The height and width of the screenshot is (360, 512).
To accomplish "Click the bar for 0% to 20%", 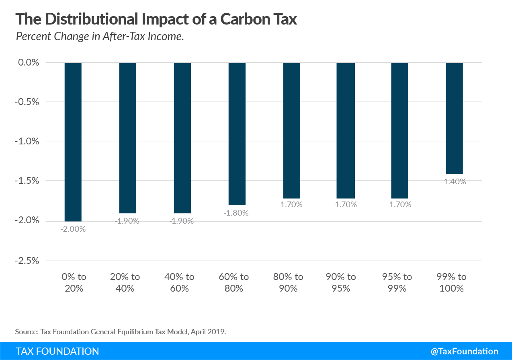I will point(73,142).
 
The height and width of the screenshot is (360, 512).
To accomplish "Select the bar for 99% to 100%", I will point(455,118).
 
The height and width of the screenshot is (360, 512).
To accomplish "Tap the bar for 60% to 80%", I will point(237,134).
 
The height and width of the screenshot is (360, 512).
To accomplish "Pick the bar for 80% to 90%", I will point(291,130).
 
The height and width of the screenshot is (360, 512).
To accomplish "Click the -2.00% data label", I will point(73,229).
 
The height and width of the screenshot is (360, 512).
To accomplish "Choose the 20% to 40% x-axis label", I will point(125,282).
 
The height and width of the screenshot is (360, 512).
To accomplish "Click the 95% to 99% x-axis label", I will point(397,282).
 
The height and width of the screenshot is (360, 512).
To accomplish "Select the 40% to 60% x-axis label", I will point(179,282).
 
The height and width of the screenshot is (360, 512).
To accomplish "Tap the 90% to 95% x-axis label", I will point(341,282).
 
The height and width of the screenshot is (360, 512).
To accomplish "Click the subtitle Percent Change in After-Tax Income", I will point(100,37).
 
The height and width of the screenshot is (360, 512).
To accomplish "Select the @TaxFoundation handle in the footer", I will point(464,351).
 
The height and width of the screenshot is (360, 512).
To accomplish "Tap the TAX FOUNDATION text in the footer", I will point(57,351).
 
